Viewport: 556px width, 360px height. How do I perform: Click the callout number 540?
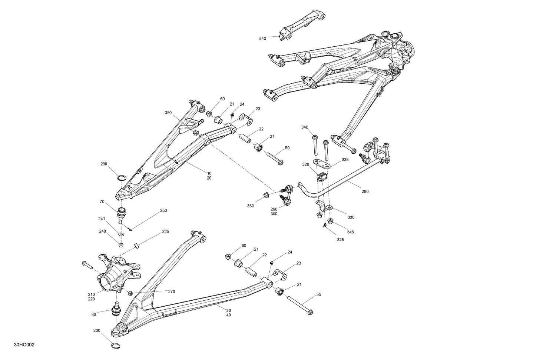point(262,38)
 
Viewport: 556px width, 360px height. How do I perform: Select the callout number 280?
point(365,191)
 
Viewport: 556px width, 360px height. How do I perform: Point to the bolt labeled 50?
point(275,157)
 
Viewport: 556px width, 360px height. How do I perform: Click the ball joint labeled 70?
point(121,214)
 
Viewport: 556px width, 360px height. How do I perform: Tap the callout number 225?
point(165,232)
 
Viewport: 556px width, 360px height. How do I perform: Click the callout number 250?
point(163,210)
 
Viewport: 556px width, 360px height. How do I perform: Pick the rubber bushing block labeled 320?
point(321,177)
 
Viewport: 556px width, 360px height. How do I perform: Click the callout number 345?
point(350,232)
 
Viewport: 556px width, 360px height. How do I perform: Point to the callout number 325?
point(340,240)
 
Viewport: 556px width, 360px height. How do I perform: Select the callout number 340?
point(305,127)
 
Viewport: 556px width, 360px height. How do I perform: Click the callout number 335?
point(345,160)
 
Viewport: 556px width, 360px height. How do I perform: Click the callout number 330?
point(351,217)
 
